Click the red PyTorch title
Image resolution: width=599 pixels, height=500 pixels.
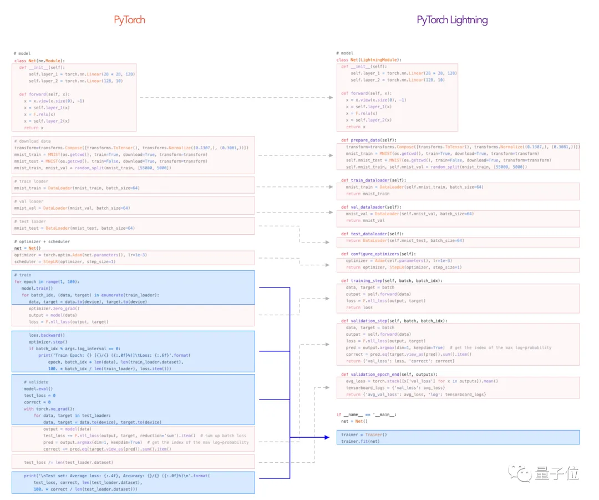pyautogui.click(x=129, y=20)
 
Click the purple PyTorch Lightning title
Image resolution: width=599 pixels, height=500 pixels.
pyautogui.click(x=452, y=20)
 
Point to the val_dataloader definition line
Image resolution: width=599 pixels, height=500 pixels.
pyautogui.click(x=372, y=207)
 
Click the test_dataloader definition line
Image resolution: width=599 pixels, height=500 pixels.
pyautogui.click(x=373, y=234)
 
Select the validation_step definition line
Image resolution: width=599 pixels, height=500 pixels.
pyautogui.click(x=394, y=321)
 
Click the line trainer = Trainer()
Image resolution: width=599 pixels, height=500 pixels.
pyautogui.click(x=364, y=435)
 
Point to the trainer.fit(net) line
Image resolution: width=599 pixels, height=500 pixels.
pyautogui.click(x=361, y=441)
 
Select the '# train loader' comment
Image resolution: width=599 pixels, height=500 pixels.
pyautogui.click(x=31, y=181)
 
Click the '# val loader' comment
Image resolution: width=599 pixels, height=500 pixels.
pyautogui.click(x=29, y=201)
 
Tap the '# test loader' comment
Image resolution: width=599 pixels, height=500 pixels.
pyautogui.click(x=30, y=221)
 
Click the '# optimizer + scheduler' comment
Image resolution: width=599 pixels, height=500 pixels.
pyautogui.click(x=42, y=241)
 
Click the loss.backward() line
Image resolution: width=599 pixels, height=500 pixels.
pyautogui.click(x=47, y=335)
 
